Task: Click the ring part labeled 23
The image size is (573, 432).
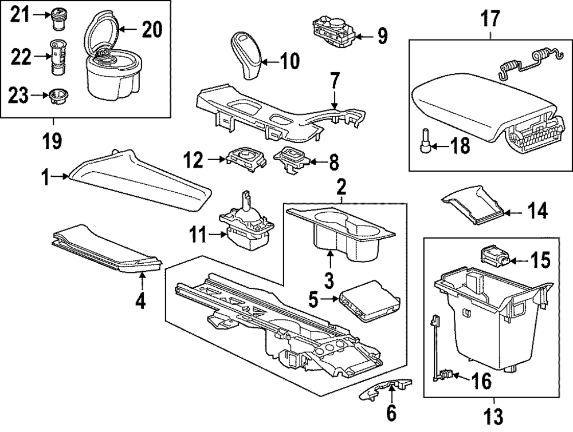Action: point(57,96)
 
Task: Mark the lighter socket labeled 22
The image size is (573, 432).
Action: point(58,57)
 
